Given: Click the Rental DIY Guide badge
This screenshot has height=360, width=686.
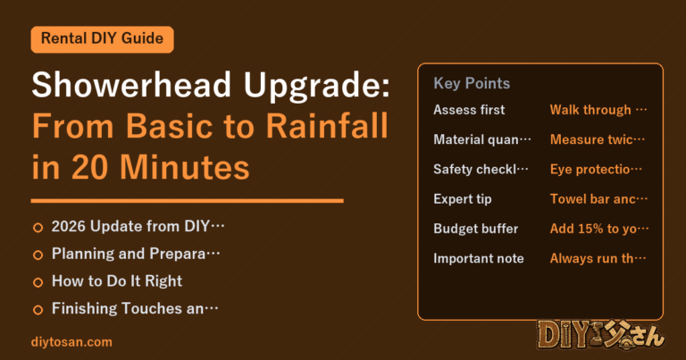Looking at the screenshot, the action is click(103, 39).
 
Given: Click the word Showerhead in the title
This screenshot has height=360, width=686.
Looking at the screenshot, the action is click(131, 85).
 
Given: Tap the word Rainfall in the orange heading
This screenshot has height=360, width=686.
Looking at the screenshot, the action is click(327, 126).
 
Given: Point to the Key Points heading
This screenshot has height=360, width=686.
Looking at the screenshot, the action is click(472, 83).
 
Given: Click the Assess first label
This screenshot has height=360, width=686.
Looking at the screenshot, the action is click(469, 110).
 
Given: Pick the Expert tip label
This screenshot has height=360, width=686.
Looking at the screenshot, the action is click(463, 199).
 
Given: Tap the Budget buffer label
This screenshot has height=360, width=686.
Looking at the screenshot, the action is click(475, 229).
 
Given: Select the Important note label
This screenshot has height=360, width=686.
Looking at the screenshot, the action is click(479, 258).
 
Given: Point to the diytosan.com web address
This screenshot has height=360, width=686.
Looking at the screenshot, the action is click(71, 341).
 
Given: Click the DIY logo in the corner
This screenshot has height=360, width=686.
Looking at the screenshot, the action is click(601, 336).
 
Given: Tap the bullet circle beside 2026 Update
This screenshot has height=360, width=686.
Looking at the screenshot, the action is click(38, 228).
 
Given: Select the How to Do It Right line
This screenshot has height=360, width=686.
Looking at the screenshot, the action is click(117, 281).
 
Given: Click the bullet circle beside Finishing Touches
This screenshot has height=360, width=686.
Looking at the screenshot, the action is click(38, 310).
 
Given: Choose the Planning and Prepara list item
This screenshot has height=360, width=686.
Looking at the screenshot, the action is click(136, 254).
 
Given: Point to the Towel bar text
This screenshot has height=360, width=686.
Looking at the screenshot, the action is click(598, 199).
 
